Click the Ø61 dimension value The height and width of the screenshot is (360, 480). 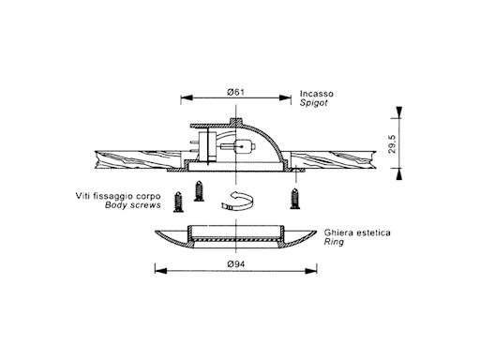pyautogui.click(x=235, y=92)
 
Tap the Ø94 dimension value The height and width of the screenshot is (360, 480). pyautogui.click(x=236, y=264)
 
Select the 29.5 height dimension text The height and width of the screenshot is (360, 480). pyautogui.click(x=392, y=143)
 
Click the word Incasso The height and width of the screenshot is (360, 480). pyautogui.click(x=317, y=94)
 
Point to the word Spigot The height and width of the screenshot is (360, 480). pyautogui.click(x=313, y=103)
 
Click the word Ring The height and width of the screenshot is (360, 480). pyautogui.click(x=334, y=242)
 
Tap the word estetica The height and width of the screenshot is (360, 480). pyautogui.click(x=371, y=232)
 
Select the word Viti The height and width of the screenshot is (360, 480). pyautogui.click(x=82, y=196)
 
